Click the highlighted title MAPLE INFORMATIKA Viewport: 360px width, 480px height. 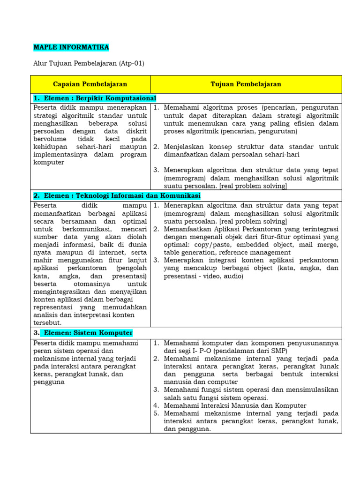(x=71, y=47)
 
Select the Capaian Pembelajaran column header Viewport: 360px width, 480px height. (x=90, y=84)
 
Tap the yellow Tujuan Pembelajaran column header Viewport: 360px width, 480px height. (x=246, y=84)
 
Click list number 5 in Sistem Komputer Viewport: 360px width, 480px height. (x=157, y=413)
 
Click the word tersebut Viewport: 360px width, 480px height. (x=47, y=322)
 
